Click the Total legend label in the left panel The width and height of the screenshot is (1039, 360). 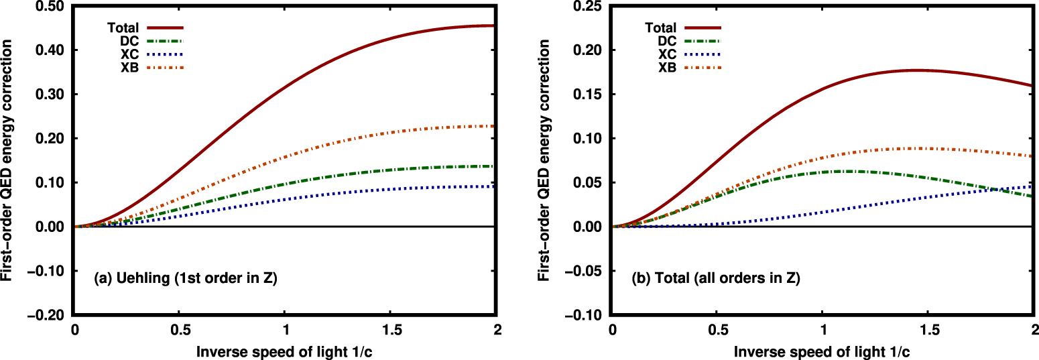click(123, 28)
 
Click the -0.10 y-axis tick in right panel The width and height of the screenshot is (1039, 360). click(589, 315)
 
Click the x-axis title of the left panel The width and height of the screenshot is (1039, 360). click(285, 351)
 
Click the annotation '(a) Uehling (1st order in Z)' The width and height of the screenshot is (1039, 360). click(185, 278)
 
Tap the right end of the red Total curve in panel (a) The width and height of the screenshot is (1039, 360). click(495, 25)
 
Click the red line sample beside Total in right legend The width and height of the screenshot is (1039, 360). click(700, 28)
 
